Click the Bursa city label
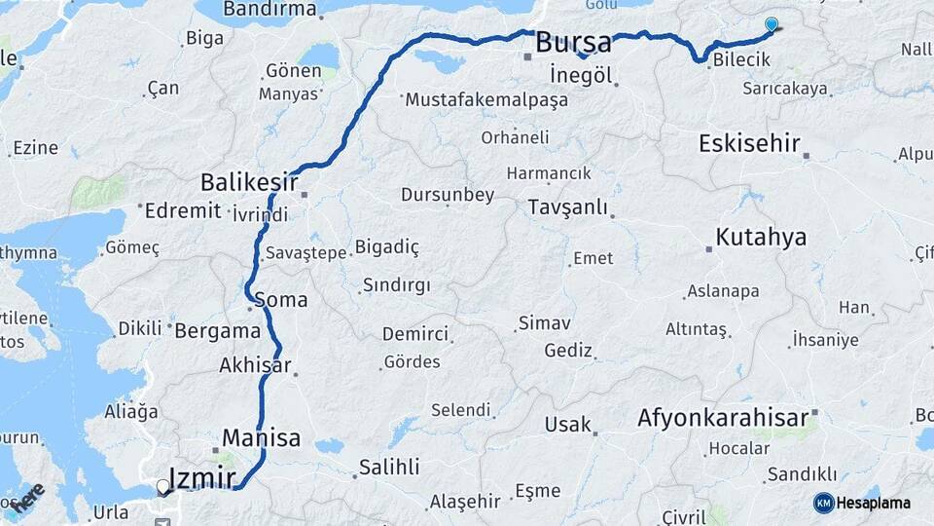coord(573,43)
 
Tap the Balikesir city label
coord(248,182)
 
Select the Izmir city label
coord(202,477)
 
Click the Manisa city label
coord(261,437)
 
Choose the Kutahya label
coord(761,237)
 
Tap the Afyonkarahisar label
coord(723,419)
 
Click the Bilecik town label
coord(740,60)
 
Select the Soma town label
coord(280,300)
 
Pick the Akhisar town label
coord(255,366)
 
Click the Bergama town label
coord(218,330)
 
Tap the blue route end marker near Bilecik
coord(772,25)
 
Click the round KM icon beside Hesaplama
coord(823,503)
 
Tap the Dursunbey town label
coord(448,195)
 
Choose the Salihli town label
coord(389,467)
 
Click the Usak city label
coord(567,425)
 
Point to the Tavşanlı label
coord(568,207)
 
